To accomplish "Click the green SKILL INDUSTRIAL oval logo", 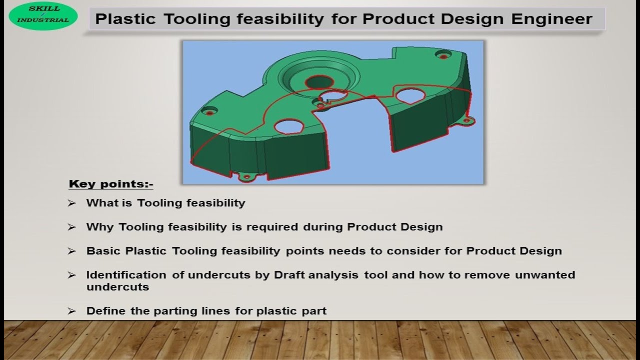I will pyautogui.click(x=43, y=16).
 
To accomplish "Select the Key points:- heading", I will pyautogui.click(x=110, y=184).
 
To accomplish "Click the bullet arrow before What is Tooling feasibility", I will pyautogui.click(x=72, y=203).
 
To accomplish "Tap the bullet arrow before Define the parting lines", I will pyautogui.click(x=72, y=311).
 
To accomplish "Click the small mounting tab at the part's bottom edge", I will pyautogui.click(x=245, y=177).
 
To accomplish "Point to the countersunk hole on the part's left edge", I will pyautogui.click(x=209, y=112).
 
